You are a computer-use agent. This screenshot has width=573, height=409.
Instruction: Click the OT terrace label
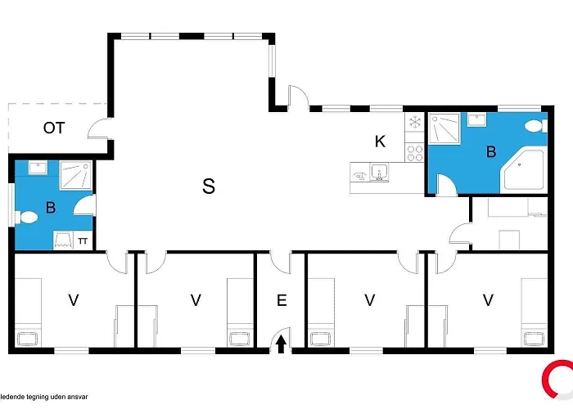[54, 128]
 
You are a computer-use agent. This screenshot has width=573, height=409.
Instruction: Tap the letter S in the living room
[209, 187]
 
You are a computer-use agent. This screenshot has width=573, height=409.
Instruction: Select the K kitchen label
[380, 141]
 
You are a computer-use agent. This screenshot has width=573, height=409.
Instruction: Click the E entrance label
[282, 300]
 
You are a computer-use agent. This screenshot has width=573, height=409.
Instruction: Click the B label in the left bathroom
[51, 208]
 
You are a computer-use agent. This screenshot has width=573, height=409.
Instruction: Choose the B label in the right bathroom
[491, 151]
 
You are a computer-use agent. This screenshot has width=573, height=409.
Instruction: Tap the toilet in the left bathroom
[28, 218]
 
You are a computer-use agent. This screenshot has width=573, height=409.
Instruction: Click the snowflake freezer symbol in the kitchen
[414, 122]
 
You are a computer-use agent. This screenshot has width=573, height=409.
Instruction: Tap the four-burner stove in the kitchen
[414, 151]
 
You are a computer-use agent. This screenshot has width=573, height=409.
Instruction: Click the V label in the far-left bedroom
[74, 300]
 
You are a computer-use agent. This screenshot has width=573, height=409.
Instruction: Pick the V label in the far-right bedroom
[489, 300]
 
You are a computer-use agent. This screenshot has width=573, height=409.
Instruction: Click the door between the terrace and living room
[100, 129]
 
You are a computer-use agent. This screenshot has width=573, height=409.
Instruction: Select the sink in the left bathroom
[37, 168]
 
